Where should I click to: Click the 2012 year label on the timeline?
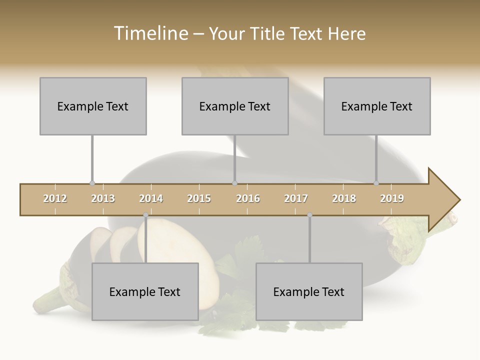pyautogui.click(x=55, y=198)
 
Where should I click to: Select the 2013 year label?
pyautogui.click(x=103, y=198)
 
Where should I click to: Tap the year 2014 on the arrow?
pyautogui.click(x=151, y=198)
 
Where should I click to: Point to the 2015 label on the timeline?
pyautogui.click(x=199, y=198)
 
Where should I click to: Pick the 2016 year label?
pyautogui.click(x=248, y=198)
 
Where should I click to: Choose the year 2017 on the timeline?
pyautogui.click(x=296, y=198)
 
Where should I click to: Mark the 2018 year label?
pyautogui.click(x=344, y=198)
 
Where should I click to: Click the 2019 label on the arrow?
pyautogui.click(x=392, y=198)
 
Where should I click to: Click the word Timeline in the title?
pyautogui.click(x=150, y=33)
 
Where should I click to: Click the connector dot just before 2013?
pyautogui.click(x=92, y=183)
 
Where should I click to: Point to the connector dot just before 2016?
pyautogui.click(x=235, y=183)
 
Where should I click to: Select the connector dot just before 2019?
pyautogui.click(x=376, y=183)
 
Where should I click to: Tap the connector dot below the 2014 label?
pyautogui.click(x=145, y=215)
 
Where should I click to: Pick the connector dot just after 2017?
pyautogui.click(x=309, y=215)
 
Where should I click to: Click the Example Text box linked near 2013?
pyautogui.click(x=93, y=106)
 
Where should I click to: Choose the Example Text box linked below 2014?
pyautogui.click(x=145, y=291)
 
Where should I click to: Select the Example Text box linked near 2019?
pyautogui.click(x=377, y=106)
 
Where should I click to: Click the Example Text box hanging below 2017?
pyautogui.click(x=309, y=291)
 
